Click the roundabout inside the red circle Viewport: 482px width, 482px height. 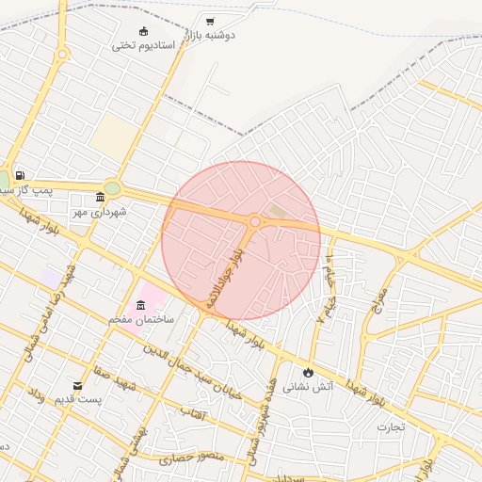pos(255,221)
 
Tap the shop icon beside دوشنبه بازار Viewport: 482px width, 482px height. pos(209,21)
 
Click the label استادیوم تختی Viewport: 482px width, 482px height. pos(144,45)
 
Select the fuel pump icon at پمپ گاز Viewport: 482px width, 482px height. pos(20,175)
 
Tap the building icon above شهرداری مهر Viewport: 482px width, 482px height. pos(101,197)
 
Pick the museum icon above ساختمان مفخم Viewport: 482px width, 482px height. pos(141,305)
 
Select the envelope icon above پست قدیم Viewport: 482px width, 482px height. pos(78,385)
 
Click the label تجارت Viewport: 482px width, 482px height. pos(391,427)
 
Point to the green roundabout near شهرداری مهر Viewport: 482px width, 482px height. pos(113,188)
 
